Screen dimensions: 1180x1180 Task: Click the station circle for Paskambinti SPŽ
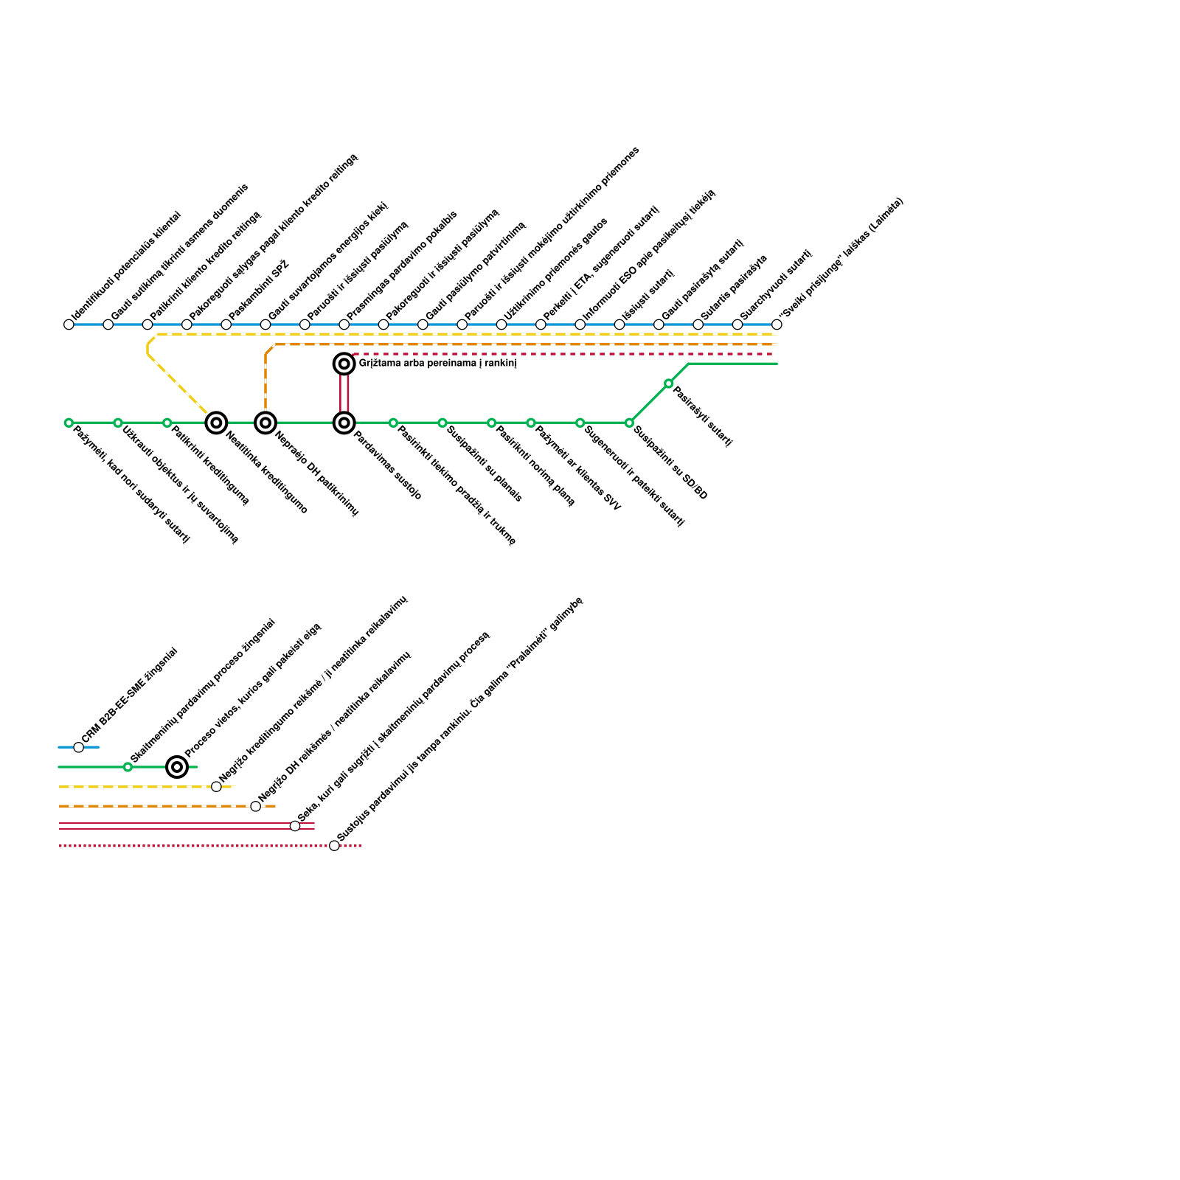(x=226, y=324)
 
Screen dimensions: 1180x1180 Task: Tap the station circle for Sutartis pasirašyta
(x=698, y=324)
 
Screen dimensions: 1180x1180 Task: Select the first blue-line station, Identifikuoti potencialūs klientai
(x=69, y=324)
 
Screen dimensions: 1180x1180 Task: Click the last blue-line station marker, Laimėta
(x=777, y=324)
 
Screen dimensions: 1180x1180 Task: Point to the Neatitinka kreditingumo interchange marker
(x=216, y=423)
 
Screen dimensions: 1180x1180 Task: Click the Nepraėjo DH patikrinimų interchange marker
(x=265, y=423)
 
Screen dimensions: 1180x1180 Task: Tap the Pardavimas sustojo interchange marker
(x=344, y=423)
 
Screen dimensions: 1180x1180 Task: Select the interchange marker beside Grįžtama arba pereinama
(x=344, y=364)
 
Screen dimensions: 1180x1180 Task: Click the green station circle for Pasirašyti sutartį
(x=668, y=383)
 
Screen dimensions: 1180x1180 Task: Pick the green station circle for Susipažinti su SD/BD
(x=629, y=423)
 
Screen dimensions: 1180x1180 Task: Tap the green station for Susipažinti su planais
(x=442, y=423)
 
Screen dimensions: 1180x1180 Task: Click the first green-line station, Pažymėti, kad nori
(x=69, y=423)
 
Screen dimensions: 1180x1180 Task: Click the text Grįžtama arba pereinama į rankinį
(x=437, y=364)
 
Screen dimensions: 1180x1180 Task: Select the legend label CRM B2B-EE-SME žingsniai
(x=129, y=695)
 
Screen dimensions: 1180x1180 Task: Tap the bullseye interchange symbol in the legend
(x=177, y=767)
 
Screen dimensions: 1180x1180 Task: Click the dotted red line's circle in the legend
(x=334, y=845)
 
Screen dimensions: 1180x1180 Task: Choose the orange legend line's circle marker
(x=255, y=806)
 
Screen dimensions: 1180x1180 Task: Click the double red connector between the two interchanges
(x=344, y=393)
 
